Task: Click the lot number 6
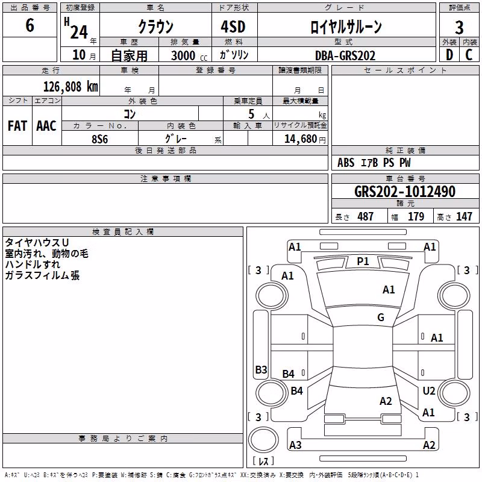tap(30, 25)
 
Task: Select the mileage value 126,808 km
tap(70, 87)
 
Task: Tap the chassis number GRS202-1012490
tap(405, 192)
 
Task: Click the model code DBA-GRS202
tap(345, 55)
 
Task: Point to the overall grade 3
tap(459, 28)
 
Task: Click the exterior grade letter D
tap(449, 55)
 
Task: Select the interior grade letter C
tap(469, 55)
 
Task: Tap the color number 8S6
tap(100, 139)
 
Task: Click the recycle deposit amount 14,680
tap(301, 139)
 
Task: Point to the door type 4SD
tap(233, 27)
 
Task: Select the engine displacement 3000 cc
tap(189, 55)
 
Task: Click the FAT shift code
tap(17, 126)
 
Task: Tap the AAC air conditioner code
tap(46, 126)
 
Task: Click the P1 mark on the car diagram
tap(363, 261)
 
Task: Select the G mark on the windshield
tap(381, 317)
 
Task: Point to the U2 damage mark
tap(429, 391)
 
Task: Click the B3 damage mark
tap(261, 369)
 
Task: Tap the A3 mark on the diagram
tap(295, 445)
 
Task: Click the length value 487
tap(365, 216)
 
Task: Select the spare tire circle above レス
tap(263, 440)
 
